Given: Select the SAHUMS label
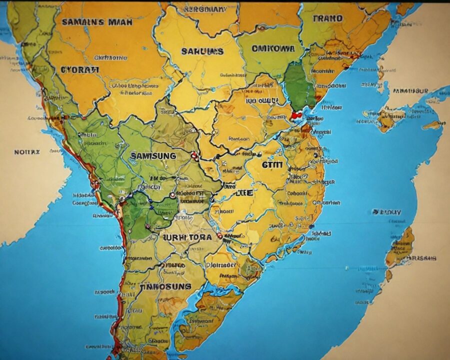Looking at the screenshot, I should coord(202,51).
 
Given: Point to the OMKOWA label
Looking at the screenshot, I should coord(273,48).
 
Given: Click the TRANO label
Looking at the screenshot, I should coord(328,18).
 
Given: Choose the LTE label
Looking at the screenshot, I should coord(243,192).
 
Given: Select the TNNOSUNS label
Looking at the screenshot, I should coord(165,287).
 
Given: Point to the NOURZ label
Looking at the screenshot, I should coord(27,151).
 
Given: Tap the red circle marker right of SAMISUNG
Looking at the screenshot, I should coord(195,156).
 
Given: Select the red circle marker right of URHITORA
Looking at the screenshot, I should coord(220,235).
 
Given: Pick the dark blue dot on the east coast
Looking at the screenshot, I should coord(311,226).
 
